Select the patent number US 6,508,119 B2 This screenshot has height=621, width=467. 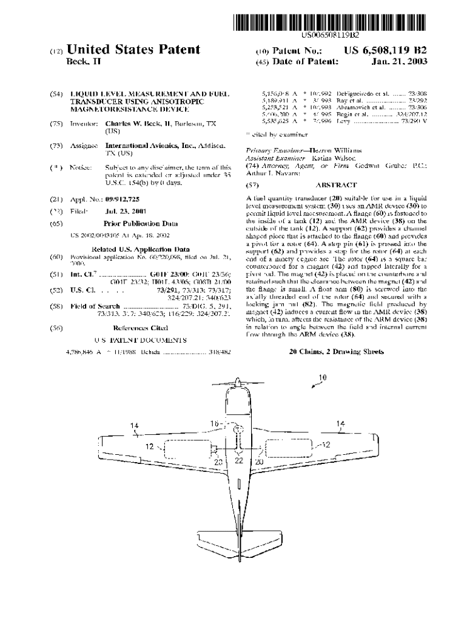(386, 50)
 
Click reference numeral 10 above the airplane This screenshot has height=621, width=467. (322, 377)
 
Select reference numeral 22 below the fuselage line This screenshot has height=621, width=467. (238, 461)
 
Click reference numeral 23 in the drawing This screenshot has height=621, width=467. (220, 461)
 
